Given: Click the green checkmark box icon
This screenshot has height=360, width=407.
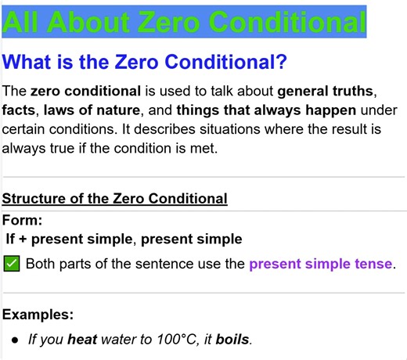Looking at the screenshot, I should (x=12, y=264).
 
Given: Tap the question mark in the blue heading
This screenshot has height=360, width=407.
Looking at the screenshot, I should (x=279, y=60).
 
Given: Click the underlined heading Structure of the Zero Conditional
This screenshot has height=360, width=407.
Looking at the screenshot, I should (x=115, y=198).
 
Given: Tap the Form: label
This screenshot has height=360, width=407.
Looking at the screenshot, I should (x=23, y=221).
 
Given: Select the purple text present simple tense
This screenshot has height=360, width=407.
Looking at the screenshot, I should (x=320, y=264).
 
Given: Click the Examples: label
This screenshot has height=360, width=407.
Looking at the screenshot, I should (x=38, y=315).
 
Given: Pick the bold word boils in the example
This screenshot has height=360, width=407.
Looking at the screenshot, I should (x=232, y=340).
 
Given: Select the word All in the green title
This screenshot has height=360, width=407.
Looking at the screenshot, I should (x=21, y=21).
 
